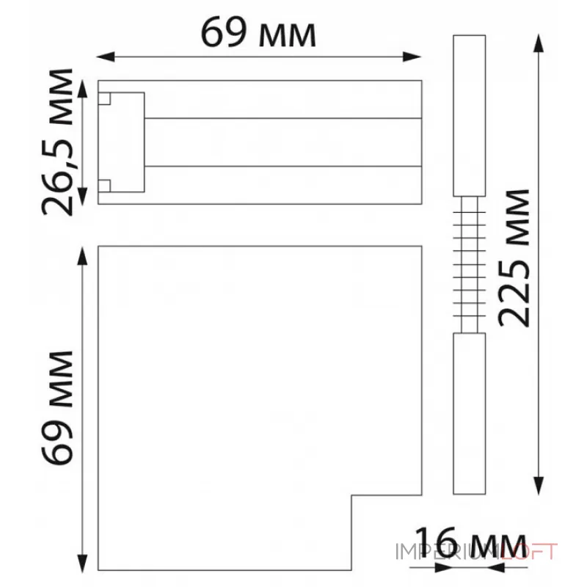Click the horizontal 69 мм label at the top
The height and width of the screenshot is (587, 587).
259,32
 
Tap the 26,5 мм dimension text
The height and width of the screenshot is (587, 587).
57,142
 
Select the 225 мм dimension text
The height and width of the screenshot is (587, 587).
514,258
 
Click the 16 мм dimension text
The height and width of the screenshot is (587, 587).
470,543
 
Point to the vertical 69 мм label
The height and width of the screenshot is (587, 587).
57,408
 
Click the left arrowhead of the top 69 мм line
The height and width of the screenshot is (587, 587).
106,57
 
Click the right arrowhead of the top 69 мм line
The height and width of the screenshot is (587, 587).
412,57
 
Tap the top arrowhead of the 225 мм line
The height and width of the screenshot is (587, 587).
539,44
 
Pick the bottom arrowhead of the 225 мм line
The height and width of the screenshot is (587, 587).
539,486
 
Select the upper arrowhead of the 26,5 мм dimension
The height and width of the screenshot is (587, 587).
82,89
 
